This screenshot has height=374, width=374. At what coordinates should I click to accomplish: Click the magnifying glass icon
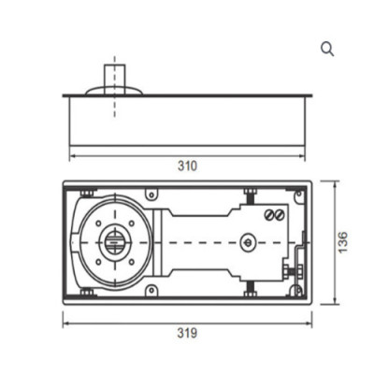click(x=326, y=50)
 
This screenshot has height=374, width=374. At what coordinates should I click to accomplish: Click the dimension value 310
click(x=186, y=166)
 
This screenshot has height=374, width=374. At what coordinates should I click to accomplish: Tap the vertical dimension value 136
click(x=345, y=241)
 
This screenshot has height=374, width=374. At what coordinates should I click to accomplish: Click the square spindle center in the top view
click(x=114, y=242)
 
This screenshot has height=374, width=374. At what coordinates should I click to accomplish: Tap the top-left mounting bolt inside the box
click(x=86, y=194)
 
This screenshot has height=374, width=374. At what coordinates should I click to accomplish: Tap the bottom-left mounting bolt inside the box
click(x=86, y=292)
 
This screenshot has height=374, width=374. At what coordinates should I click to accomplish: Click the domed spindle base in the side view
click(x=114, y=91)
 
